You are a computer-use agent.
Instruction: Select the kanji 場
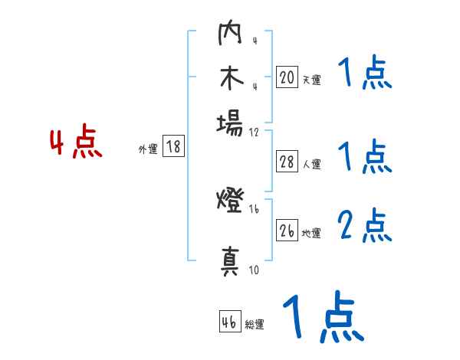point(231,123)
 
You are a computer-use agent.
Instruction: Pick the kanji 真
point(231,260)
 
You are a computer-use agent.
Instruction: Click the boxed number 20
point(287,77)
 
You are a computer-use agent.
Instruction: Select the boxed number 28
point(287,162)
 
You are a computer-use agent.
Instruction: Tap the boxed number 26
point(287,231)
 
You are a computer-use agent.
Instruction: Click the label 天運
point(310,80)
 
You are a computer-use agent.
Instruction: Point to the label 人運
point(311,164)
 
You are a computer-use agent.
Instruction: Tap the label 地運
point(311,234)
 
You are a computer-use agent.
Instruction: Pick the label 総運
point(255,325)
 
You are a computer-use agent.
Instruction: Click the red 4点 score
point(75,144)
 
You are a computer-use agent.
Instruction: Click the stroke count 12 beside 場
point(255,132)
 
